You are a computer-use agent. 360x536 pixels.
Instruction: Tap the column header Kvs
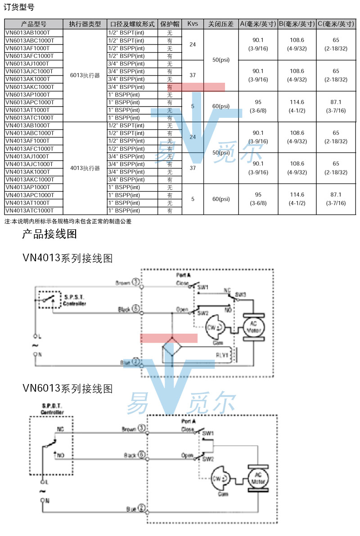pos(193,24)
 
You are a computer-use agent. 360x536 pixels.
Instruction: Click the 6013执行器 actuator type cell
pos(85,75)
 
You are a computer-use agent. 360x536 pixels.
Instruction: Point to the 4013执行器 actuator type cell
pos(85,168)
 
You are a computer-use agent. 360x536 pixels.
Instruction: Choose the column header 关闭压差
pos(221,24)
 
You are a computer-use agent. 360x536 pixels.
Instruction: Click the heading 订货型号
pos(18,7)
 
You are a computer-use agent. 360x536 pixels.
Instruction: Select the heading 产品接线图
pos(49,234)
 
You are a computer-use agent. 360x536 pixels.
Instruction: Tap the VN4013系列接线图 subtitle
pos(67,258)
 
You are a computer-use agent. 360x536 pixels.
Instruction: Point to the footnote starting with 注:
pos(68,221)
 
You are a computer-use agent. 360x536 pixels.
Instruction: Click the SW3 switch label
pos(241,295)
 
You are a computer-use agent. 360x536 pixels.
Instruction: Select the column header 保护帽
pos(170,24)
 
